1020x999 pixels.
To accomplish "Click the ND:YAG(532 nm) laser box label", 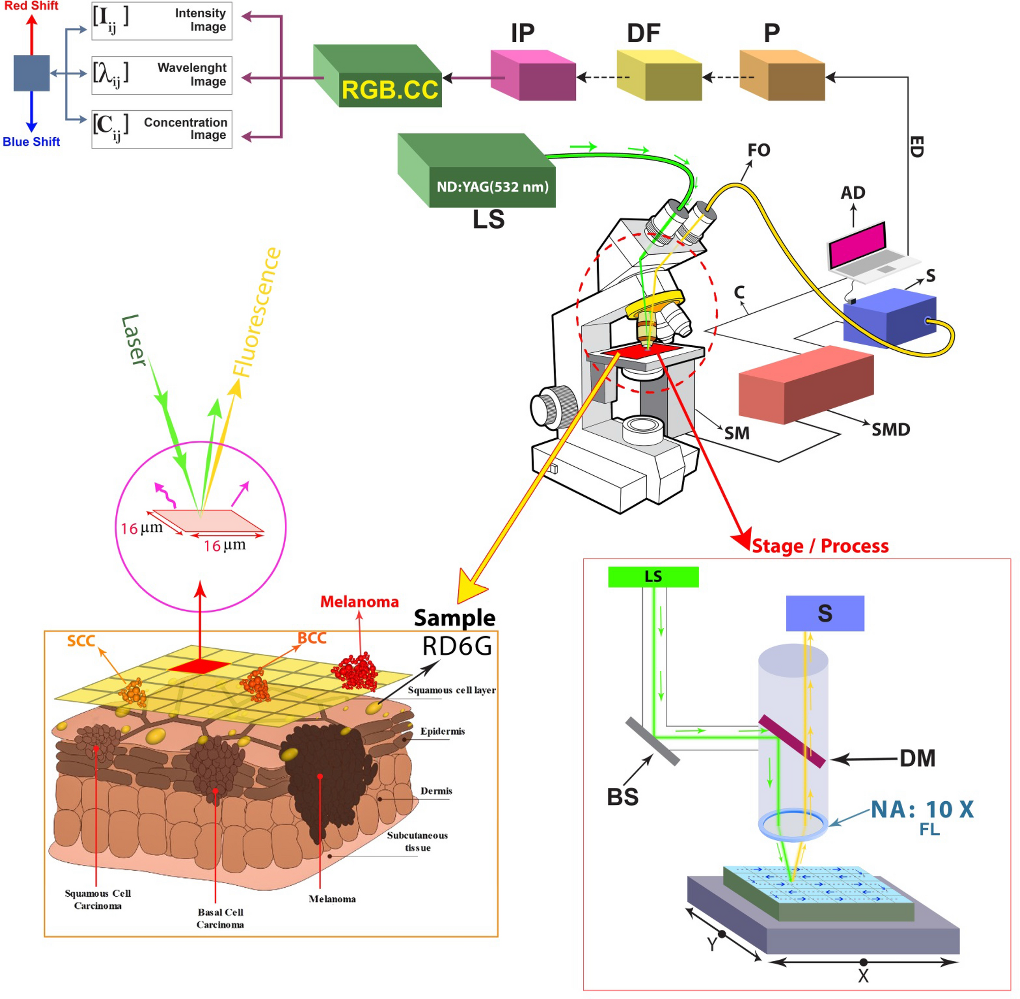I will click(x=492, y=187).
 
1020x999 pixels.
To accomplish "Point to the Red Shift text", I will click(x=31, y=6).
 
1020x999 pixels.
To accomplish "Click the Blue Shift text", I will click(x=31, y=142).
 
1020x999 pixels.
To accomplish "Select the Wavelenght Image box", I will click(x=162, y=75).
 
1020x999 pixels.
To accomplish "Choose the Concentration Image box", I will click(x=162, y=129).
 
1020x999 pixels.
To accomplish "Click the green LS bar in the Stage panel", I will click(x=653, y=577).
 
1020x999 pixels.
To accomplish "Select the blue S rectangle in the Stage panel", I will click(x=824, y=613).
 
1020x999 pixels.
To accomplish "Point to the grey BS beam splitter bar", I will click(x=653, y=741).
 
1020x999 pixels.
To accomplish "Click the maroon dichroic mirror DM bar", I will click(x=792, y=741).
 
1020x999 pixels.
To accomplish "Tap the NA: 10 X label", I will click(x=922, y=809).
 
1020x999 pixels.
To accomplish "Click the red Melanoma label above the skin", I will click(x=359, y=602).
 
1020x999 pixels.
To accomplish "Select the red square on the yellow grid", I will click(x=199, y=667).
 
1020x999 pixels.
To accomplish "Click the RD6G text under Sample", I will click(x=457, y=646).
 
